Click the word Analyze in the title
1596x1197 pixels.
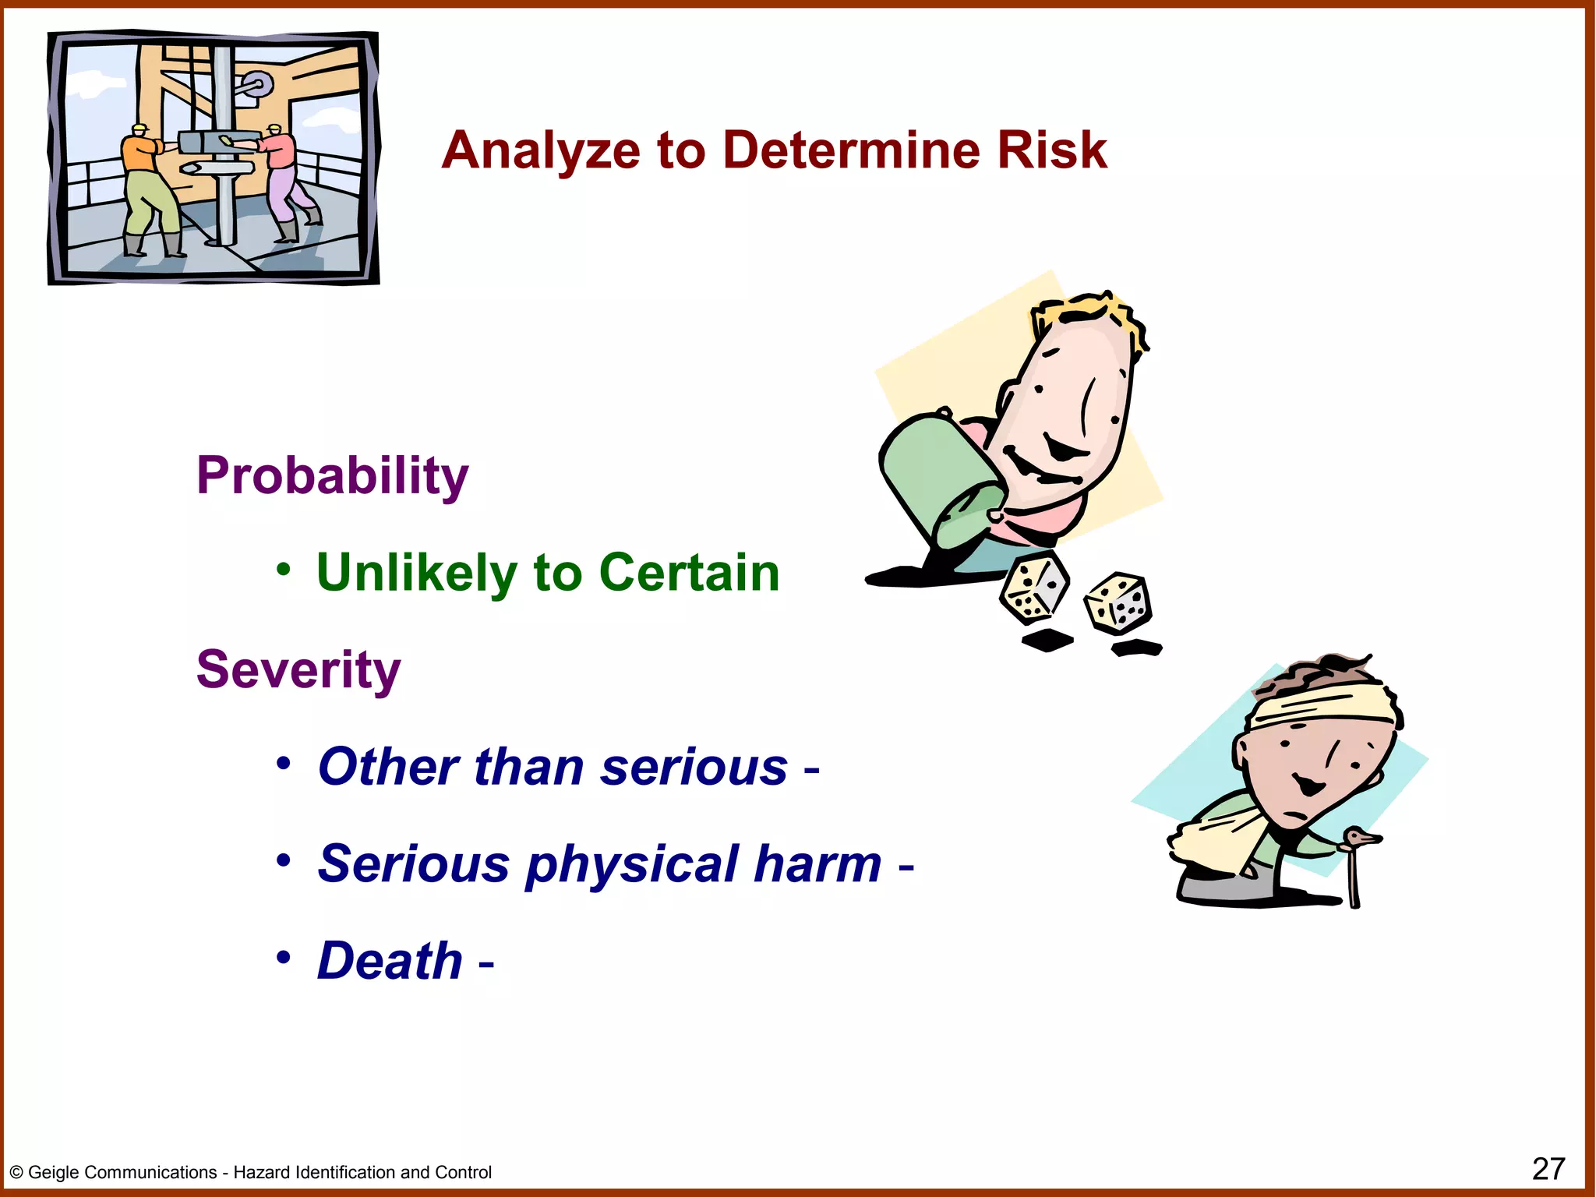(539, 150)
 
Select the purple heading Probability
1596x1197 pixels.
(332, 475)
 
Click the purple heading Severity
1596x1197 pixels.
(298, 669)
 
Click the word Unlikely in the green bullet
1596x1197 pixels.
(416, 573)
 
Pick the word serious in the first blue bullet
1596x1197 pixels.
(694, 767)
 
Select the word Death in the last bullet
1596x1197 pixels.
(390, 960)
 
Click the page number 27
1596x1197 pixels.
(1548, 1169)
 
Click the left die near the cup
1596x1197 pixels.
(1033, 589)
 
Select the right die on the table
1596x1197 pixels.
(1118, 602)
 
